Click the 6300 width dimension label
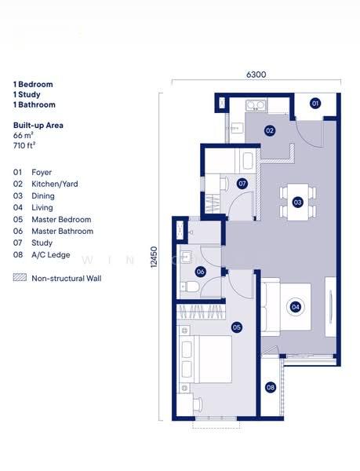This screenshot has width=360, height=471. (x=256, y=75)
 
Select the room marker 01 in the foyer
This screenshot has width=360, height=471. (x=315, y=104)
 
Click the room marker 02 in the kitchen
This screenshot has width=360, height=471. (x=269, y=131)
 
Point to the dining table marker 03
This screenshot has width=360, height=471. (x=297, y=202)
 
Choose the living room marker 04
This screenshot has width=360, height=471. (x=295, y=307)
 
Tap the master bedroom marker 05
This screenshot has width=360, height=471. (x=236, y=327)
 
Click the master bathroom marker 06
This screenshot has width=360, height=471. (x=201, y=272)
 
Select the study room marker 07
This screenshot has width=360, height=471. (x=242, y=184)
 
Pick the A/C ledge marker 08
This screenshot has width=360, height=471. (x=271, y=387)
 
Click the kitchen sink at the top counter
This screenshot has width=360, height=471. (x=256, y=105)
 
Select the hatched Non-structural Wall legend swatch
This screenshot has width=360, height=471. (x=20, y=278)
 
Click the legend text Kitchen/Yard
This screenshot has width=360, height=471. (x=54, y=184)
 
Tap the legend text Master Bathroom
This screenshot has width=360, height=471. (x=62, y=232)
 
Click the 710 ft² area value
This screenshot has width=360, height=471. (x=24, y=145)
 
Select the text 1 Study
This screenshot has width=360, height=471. (x=29, y=94)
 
